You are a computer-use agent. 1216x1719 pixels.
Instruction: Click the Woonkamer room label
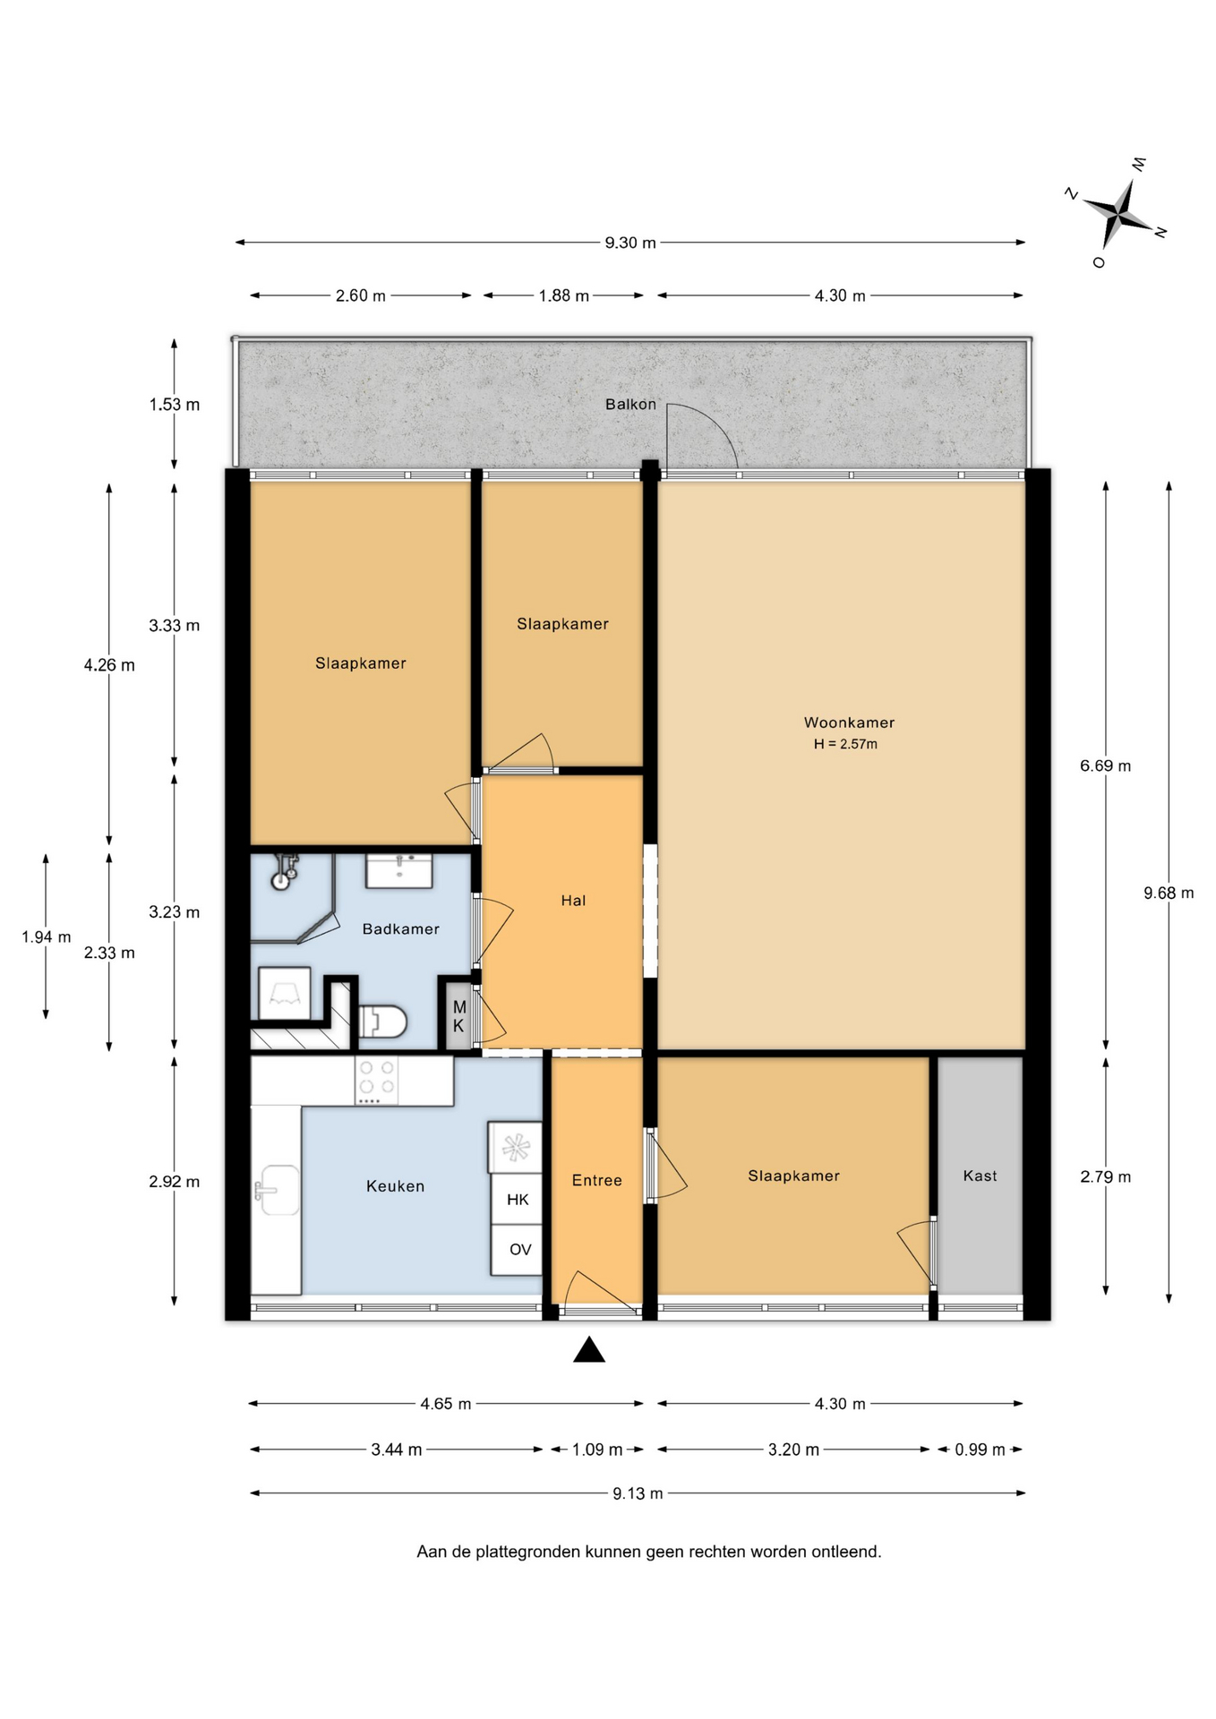pos(849,723)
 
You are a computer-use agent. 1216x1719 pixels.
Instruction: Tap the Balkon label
pos(630,404)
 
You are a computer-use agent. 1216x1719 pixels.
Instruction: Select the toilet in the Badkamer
pos(383,1021)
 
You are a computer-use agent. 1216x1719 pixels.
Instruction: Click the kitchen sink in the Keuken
pos(278,1190)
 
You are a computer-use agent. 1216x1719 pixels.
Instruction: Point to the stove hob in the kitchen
pos(377,1080)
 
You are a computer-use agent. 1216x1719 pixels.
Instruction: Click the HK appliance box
pos(517,1199)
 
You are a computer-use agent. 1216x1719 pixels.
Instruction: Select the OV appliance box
pos(517,1250)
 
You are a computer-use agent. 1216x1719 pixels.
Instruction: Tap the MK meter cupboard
pos(458,1016)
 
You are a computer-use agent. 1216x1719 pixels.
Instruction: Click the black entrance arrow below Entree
pos(589,1349)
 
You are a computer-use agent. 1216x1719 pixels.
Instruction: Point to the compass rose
pos(1118,213)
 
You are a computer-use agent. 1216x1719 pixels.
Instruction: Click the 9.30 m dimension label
pos(630,243)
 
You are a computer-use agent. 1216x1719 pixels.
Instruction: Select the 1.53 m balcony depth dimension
pos(175,405)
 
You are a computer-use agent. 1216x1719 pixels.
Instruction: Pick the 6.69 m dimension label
pos(1105,765)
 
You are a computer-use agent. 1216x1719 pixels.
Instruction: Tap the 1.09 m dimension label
pos(597,1450)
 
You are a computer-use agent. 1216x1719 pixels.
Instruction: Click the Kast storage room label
pos(980,1176)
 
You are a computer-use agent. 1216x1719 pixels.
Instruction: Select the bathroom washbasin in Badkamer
pos(399,870)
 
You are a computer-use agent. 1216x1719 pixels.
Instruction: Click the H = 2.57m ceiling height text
pos(845,744)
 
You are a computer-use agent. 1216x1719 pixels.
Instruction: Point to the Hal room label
pos(573,901)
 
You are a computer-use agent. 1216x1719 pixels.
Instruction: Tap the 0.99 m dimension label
pos(980,1450)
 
